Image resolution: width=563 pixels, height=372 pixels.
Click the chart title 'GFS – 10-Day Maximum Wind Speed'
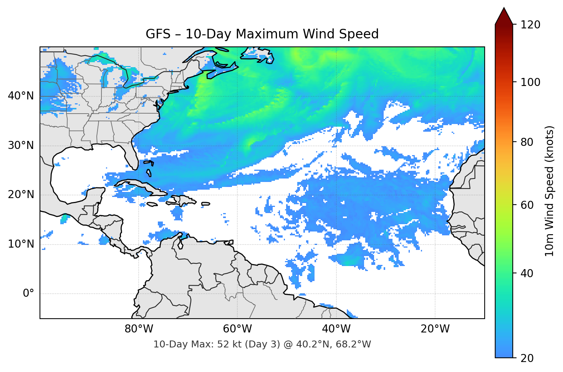point(262,34)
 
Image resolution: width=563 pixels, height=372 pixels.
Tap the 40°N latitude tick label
point(21,96)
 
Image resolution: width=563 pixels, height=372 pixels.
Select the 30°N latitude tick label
point(21,145)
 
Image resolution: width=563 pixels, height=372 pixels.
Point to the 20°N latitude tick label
point(21,195)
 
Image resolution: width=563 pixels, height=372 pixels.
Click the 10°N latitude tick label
point(21,244)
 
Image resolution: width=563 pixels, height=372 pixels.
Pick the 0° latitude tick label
point(28,294)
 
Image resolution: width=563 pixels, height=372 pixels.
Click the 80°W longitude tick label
point(139,329)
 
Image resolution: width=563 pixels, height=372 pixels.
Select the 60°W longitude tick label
point(237,329)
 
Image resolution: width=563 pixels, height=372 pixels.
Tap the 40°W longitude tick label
point(336,329)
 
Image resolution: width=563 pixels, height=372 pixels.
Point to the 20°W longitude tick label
point(435,329)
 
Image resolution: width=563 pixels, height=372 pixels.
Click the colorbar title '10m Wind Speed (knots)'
point(550,191)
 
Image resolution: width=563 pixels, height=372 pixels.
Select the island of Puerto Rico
point(206,204)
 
